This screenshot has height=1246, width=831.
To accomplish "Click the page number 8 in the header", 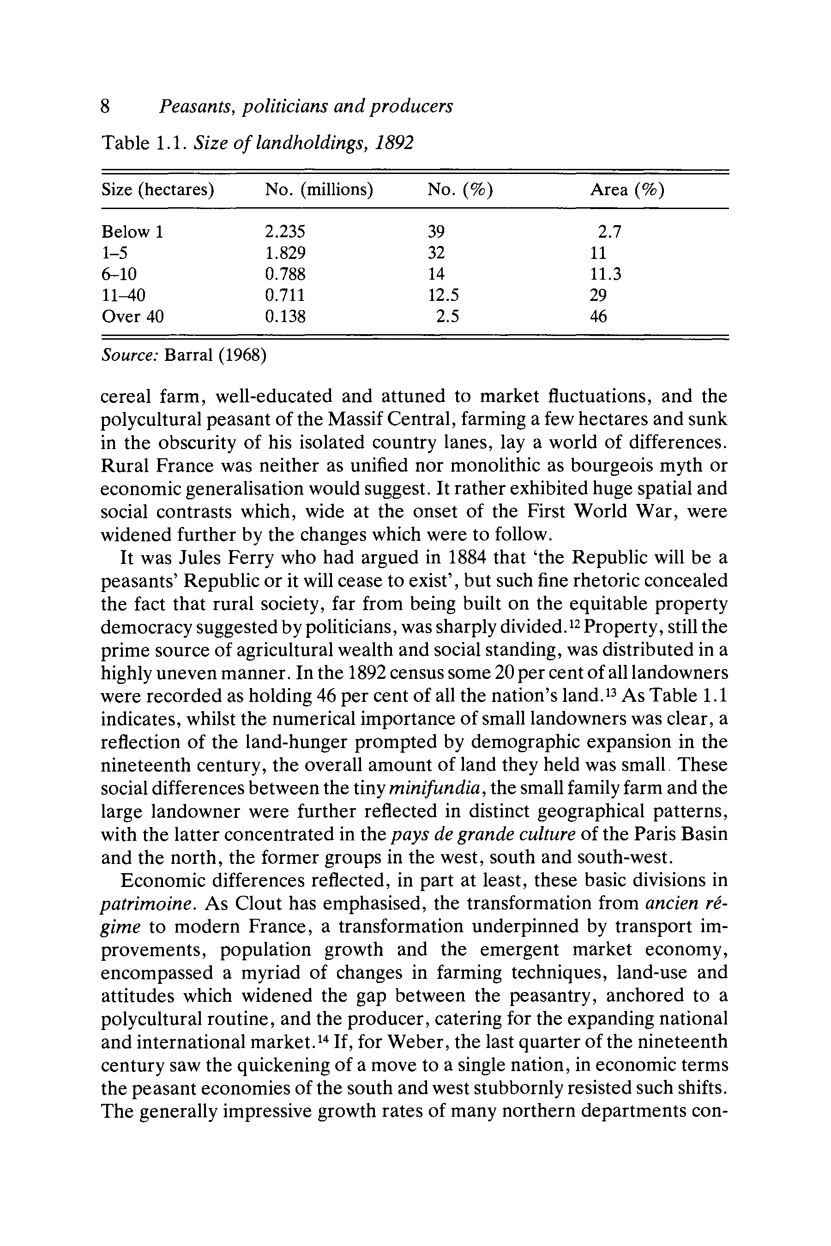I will pos(105,107).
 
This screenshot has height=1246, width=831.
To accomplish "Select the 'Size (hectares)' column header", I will pos(157,190).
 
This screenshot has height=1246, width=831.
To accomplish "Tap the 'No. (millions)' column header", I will pos(319,190).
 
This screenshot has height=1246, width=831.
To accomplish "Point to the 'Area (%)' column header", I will pos(627,190).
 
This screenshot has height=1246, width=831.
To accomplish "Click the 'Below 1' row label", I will pos(132,232).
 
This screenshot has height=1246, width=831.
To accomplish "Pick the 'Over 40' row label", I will pos(132,317).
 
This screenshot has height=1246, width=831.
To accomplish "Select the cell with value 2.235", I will pos(285,232).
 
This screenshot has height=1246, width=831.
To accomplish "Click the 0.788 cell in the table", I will pos(285,275).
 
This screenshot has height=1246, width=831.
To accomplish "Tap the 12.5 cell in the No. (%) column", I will pos(443,296).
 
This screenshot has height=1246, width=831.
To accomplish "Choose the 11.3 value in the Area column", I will pos(606,275).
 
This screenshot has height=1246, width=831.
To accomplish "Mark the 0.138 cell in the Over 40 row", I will pos(285,317).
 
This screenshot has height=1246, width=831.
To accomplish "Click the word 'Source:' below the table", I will pos(129,355).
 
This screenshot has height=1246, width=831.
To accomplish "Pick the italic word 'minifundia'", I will pos(434,789).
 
